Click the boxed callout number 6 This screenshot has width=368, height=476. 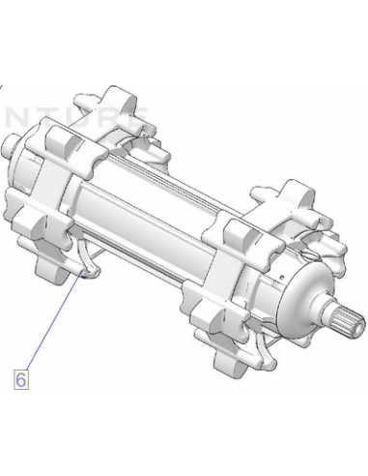(x=21, y=380)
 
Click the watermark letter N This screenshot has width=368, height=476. (x=16, y=117)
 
